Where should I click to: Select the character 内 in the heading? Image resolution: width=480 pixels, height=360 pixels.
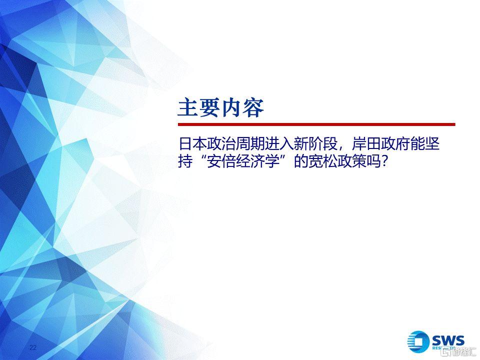pyautogui.click(x=231, y=107)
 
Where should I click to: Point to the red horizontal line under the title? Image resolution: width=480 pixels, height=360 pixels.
pyautogui.click(x=316, y=124)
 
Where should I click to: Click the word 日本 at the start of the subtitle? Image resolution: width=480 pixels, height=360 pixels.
pyautogui.click(x=192, y=144)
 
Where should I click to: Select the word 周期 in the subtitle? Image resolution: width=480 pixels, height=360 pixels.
pyautogui.click(x=250, y=144)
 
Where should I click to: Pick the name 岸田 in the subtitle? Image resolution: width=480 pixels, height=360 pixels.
pyautogui.click(x=366, y=144)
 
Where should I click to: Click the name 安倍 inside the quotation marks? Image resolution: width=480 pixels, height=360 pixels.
pyautogui.click(x=221, y=161)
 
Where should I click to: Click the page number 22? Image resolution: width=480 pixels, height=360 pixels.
pyautogui.click(x=33, y=347)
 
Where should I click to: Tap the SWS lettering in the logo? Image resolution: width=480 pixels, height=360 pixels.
pyautogui.click(x=448, y=340)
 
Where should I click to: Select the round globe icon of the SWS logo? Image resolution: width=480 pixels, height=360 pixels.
pyautogui.click(x=419, y=341)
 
